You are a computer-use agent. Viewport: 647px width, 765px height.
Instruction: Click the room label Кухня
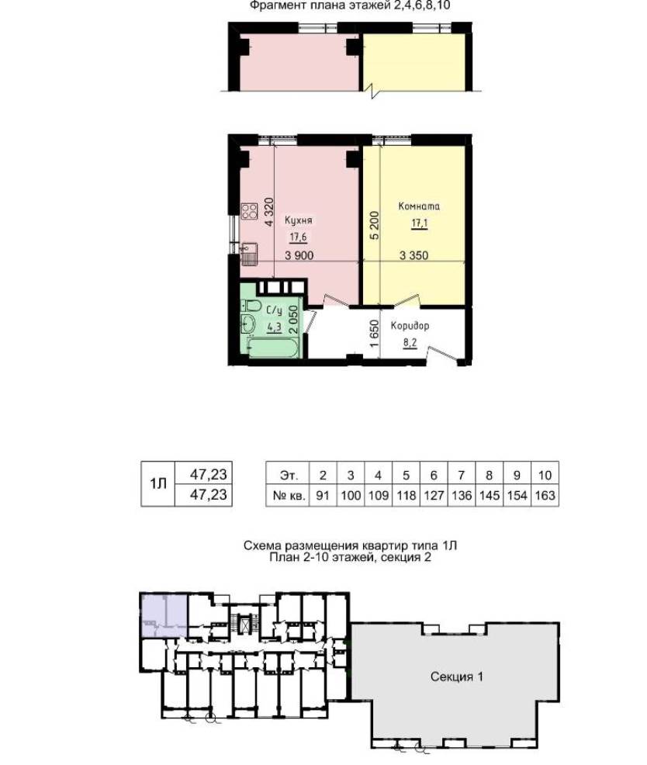[x=298, y=220]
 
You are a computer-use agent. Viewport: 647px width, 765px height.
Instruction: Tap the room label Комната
[x=419, y=206]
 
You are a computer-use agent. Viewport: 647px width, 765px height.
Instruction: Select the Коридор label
[x=410, y=325]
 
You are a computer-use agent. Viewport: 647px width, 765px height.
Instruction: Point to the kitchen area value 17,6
[x=298, y=237]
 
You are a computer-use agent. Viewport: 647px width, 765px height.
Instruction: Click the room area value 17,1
[x=420, y=224]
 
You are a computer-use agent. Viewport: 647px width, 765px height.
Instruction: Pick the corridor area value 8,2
[x=410, y=343]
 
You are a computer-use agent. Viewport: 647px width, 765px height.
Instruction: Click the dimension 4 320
[x=269, y=213]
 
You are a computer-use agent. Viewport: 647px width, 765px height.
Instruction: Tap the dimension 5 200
[x=374, y=226]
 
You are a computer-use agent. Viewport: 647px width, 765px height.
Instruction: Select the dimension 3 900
[x=299, y=255]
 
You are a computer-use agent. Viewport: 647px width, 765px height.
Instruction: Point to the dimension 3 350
[x=413, y=255]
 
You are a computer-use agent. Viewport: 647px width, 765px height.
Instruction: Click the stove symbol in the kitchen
[x=249, y=211]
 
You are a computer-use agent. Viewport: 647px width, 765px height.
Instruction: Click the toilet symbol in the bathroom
[x=251, y=306]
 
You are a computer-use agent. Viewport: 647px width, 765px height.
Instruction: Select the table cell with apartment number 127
[x=434, y=496]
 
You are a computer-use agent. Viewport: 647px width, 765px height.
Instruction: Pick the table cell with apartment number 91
[x=323, y=496]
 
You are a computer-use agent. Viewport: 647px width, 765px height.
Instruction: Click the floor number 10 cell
[x=545, y=475]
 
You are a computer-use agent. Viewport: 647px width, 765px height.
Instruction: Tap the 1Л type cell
[x=157, y=484]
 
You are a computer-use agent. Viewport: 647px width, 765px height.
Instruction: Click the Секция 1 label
[x=457, y=677]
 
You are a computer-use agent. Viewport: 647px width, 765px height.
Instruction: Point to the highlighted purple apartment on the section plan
[x=164, y=615]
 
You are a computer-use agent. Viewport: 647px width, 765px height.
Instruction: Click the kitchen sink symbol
[x=248, y=254]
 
